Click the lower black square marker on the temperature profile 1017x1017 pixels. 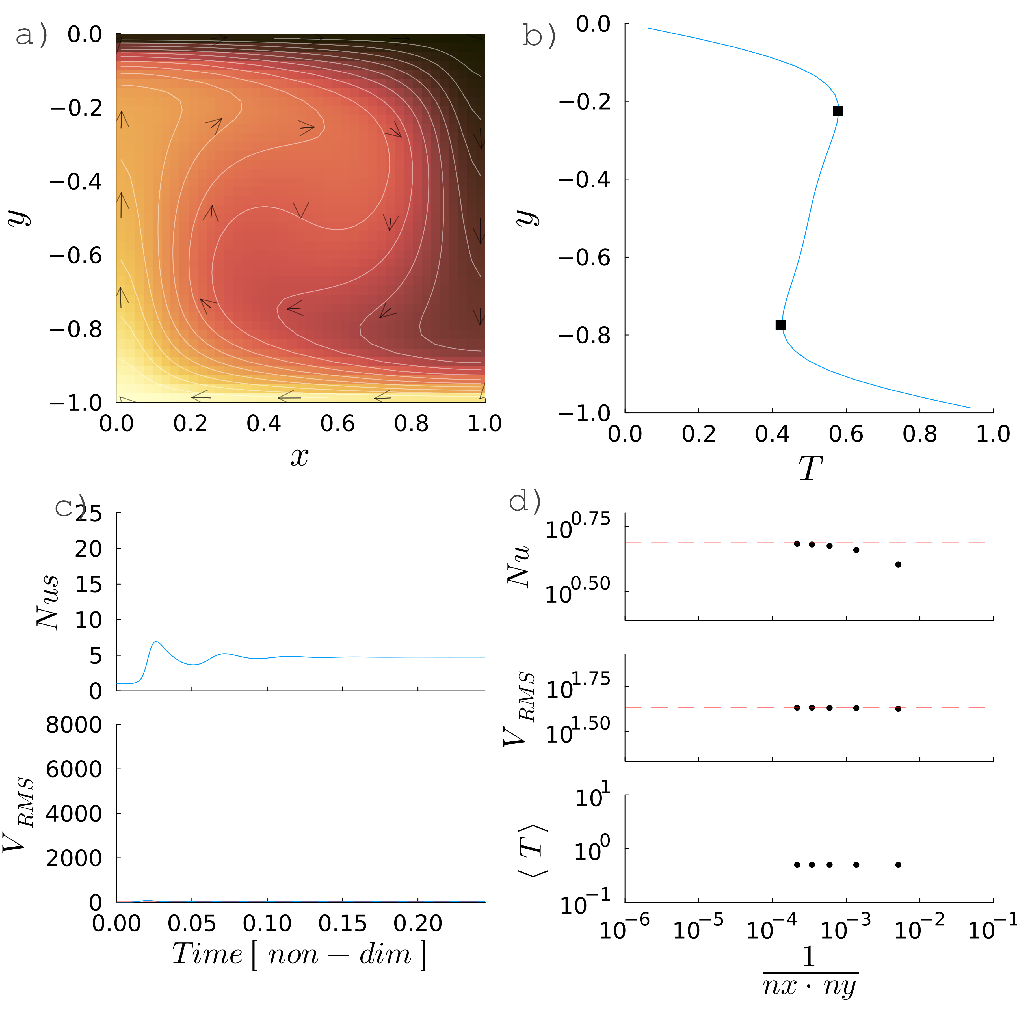tap(781, 325)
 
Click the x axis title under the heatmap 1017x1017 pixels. tap(300, 457)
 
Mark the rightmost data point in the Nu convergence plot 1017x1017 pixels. tap(898, 564)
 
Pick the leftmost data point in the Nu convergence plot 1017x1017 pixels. tap(797, 543)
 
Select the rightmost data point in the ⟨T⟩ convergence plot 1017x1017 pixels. tap(898, 864)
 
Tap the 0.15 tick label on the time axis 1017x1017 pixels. tap(343, 924)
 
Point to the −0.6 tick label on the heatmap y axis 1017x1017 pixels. tap(76, 256)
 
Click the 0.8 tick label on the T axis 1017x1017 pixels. tap(919, 434)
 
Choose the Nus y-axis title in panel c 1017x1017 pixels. tap(47, 603)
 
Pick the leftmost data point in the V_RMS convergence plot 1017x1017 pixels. tap(797, 707)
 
